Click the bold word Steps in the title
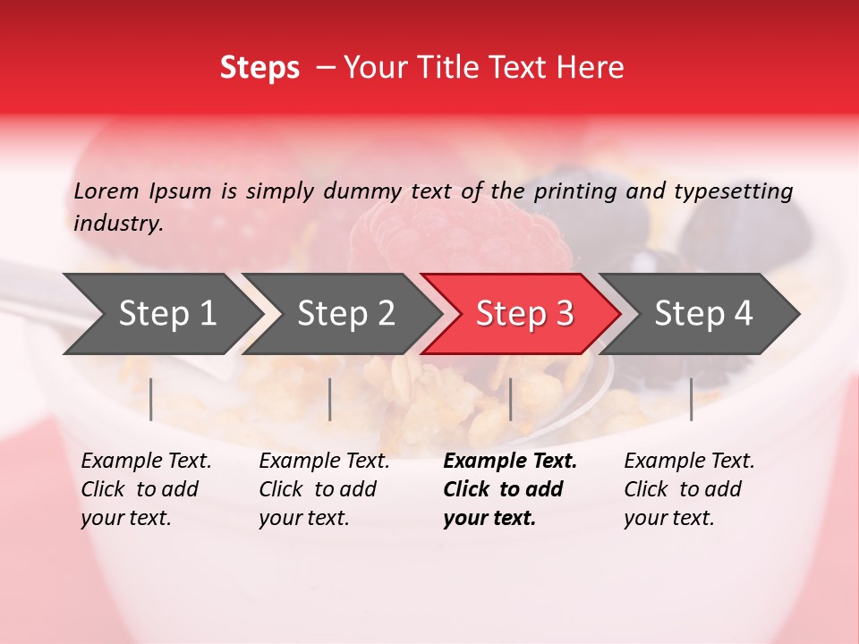click(259, 68)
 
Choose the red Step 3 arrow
click(524, 314)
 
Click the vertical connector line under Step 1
click(151, 399)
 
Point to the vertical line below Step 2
click(330, 399)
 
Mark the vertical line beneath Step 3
click(511, 399)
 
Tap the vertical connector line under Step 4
click(691, 399)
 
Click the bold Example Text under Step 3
click(509, 488)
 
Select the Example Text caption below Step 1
click(146, 488)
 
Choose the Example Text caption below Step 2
click(324, 488)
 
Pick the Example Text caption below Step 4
click(689, 488)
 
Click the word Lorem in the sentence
click(106, 191)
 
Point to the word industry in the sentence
click(117, 223)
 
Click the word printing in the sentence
click(575, 191)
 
